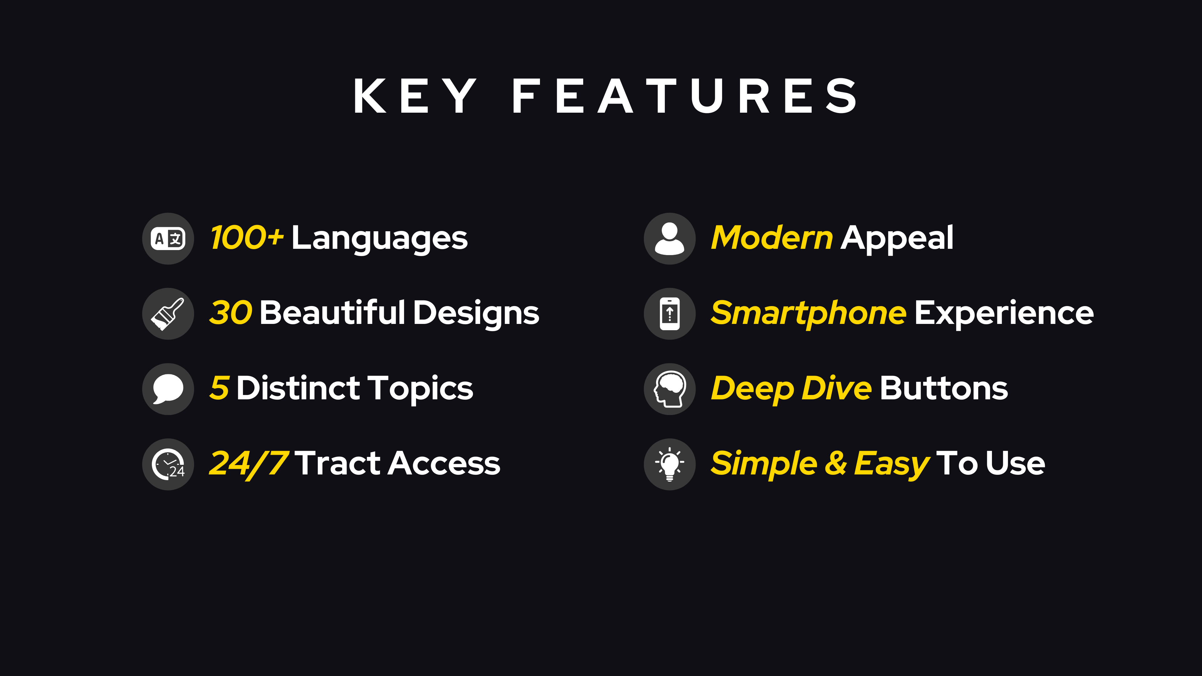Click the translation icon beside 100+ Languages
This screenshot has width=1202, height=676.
(x=168, y=239)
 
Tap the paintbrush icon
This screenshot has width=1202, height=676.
(x=167, y=314)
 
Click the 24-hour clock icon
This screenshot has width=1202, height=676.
(x=168, y=464)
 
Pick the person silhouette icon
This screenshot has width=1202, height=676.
(x=670, y=238)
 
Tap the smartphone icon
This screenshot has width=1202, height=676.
(x=670, y=314)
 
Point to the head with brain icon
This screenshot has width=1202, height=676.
(x=670, y=389)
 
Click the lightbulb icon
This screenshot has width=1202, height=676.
(x=670, y=464)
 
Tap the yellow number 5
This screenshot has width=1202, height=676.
(x=219, y=388)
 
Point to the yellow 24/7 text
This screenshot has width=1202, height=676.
(x=249, y=464)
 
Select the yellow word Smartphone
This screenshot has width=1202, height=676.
(x=809, y=314)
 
